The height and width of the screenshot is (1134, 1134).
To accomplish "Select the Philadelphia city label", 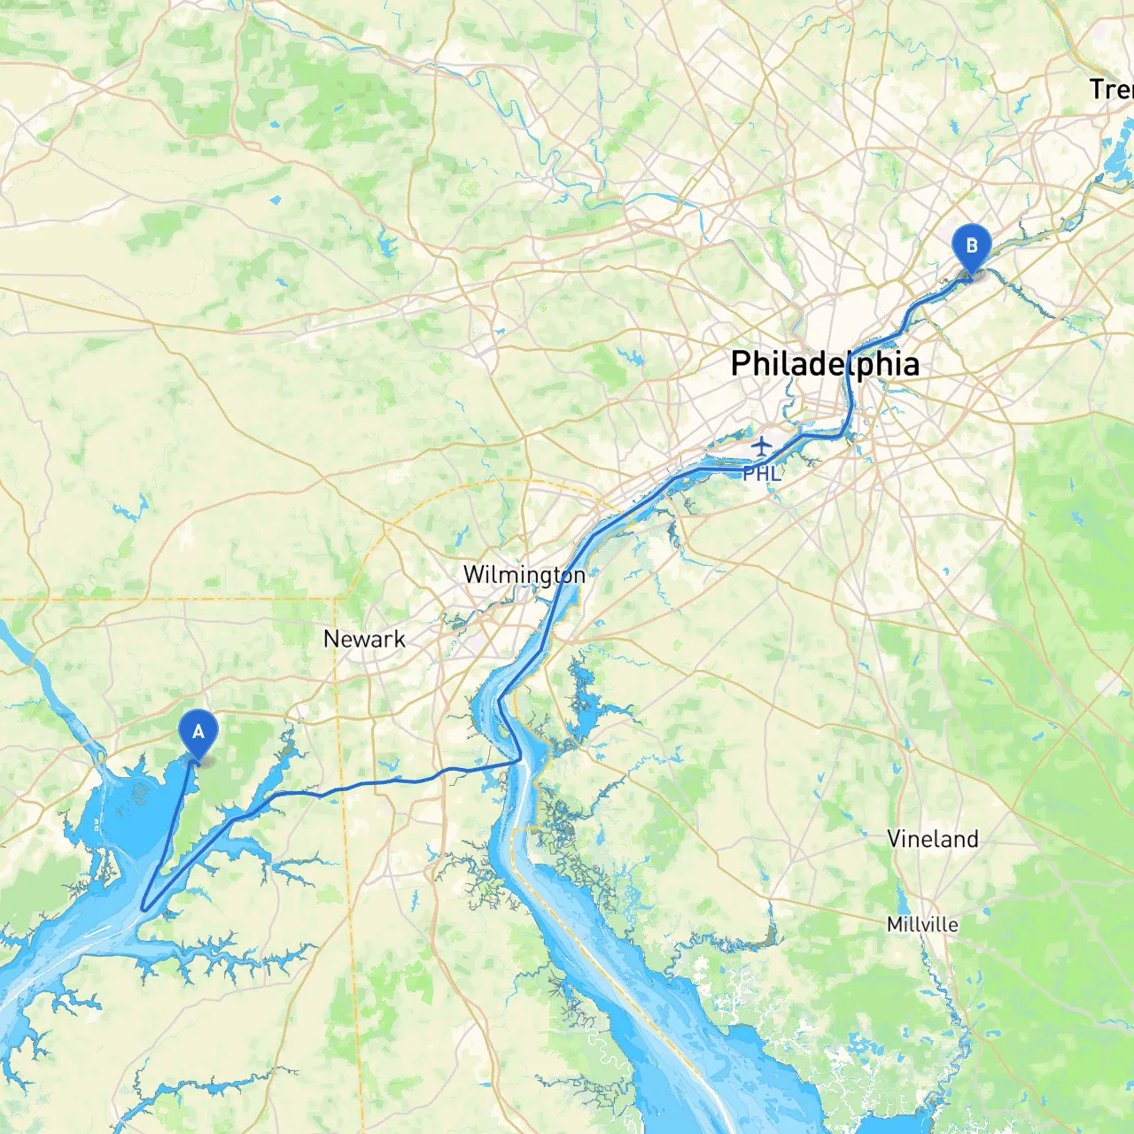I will (824, 364).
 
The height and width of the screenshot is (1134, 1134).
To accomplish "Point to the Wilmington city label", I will (524, 575).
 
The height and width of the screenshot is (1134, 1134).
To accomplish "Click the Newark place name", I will (364, 639).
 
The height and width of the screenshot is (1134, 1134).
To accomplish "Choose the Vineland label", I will (933, 839).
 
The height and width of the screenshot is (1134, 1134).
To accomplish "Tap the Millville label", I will (922, 925).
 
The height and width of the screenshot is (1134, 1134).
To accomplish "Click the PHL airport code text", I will (762, 474).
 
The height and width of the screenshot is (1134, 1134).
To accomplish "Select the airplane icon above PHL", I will (762, 444).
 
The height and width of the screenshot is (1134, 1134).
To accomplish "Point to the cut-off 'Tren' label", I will (1111, 89).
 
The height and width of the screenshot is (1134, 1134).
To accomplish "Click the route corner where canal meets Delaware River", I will (519, 760).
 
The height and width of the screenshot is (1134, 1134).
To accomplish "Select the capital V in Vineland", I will (895, 839).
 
